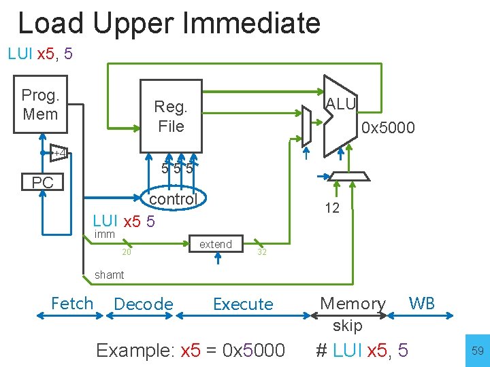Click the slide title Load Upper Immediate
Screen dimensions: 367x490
tap(169, 23)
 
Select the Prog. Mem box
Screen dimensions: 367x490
tap(40, 105)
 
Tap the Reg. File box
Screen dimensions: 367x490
tap(171, 116)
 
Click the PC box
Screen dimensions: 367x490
tap(42, 182)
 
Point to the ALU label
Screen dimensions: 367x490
tap(340, 103)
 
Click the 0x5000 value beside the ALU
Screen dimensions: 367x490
tap(388, 128)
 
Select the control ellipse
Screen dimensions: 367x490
tap(173, 198)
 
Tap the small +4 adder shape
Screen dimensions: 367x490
tap(60, 153)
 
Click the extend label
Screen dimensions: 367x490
tap(215, 244)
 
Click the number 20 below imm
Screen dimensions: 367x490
tap(126, 252)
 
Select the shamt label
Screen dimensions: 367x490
tap(109, 275)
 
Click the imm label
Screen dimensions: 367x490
tap(105, 234)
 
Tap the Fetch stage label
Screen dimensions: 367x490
tap(71, 303)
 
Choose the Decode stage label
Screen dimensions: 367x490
tap(144, 304)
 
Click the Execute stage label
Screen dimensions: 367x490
tap(243, 304)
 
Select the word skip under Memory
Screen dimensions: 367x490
tap(347, 326)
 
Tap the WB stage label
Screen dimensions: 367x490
tap(421, 303)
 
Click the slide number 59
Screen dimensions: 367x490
tap(476, 351)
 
